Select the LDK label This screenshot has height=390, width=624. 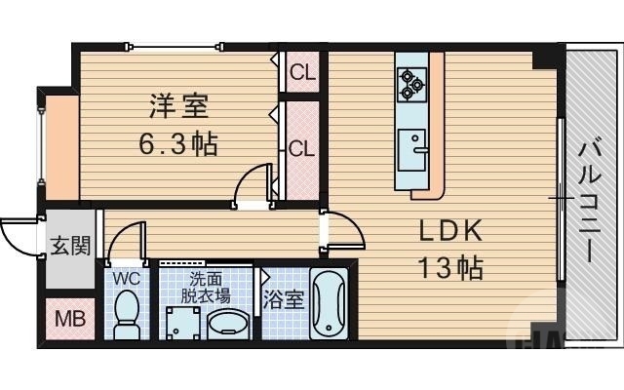451,231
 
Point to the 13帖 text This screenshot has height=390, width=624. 451,267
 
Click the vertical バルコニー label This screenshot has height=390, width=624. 589,200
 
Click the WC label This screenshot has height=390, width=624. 127,278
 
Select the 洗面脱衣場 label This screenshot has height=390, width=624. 209,285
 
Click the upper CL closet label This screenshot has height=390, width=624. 302,71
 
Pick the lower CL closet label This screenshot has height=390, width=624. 301,149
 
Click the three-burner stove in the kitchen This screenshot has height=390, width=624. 411,84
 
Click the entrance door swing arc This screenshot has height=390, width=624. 18,234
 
